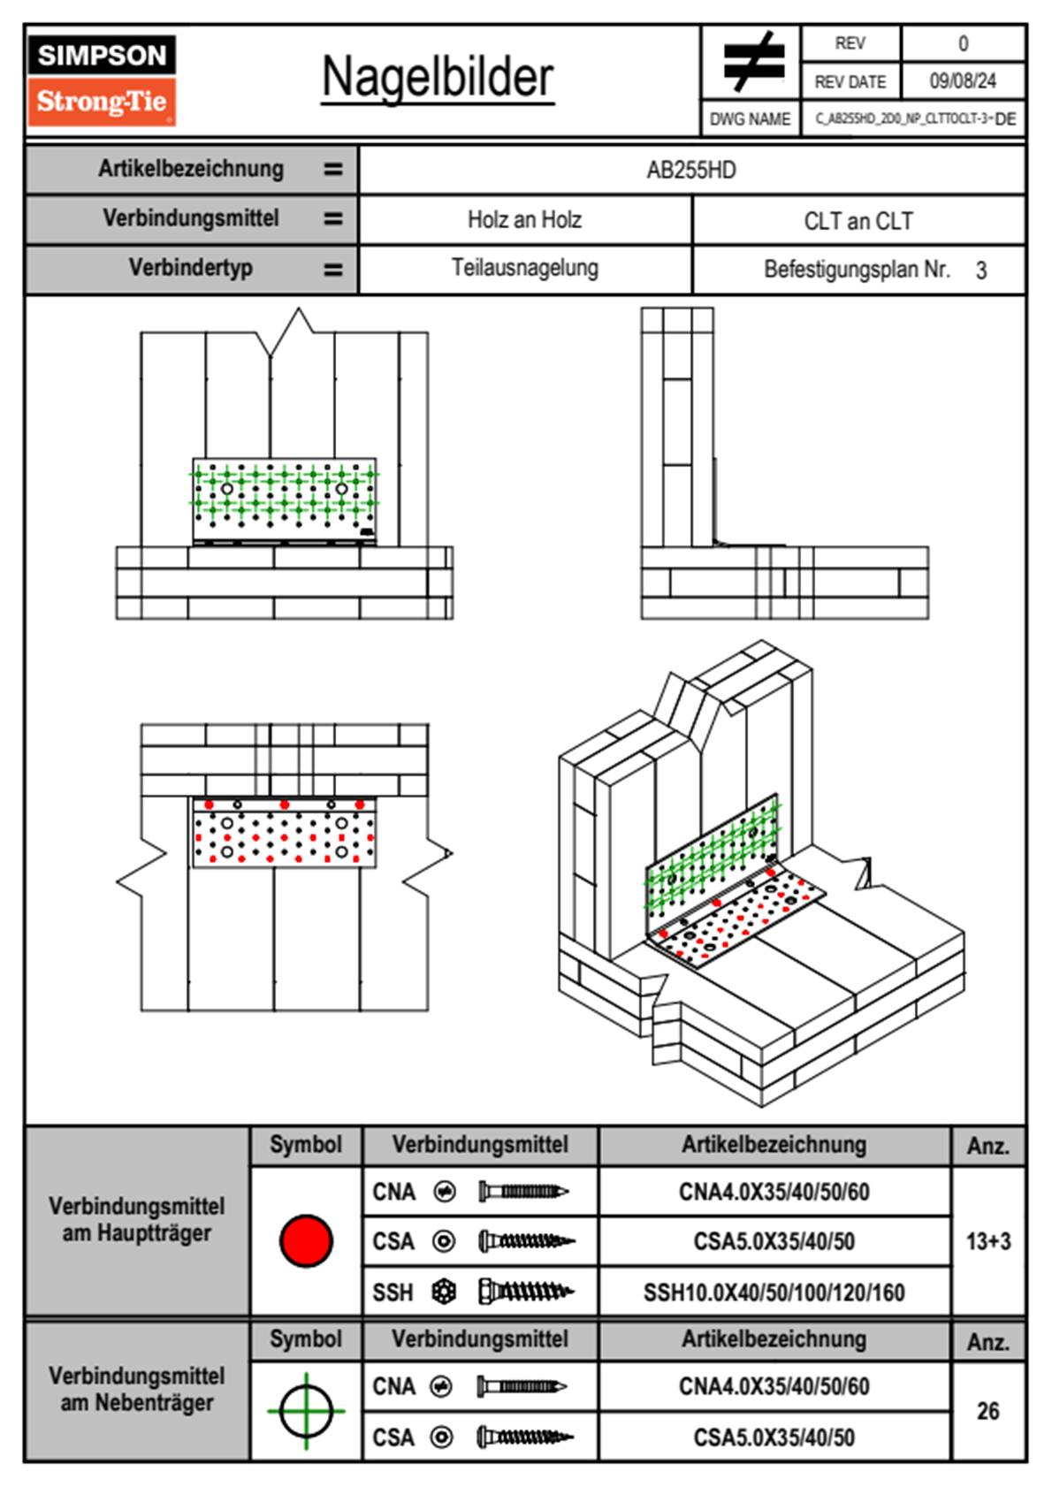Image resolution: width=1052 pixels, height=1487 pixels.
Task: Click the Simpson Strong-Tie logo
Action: coord(102,80)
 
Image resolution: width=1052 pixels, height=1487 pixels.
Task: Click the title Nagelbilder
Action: coord(438,77)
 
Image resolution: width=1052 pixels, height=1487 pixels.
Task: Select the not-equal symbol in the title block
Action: coord(752,62)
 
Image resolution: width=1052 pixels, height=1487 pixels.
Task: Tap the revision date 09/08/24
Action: coord(962,81)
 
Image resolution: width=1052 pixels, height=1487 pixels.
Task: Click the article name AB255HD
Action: coord(691,170)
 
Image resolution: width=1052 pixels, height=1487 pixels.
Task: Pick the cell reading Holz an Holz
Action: coord(524,219)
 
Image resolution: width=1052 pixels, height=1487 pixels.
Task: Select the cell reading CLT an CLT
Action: coord(858,221)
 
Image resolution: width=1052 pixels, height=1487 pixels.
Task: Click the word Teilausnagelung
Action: coord(524,268)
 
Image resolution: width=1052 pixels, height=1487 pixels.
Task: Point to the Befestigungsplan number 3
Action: coord(980,271)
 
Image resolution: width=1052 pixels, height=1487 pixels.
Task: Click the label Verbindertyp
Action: coord(190,268)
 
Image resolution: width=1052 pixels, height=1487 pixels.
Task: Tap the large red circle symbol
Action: coord(306,1240)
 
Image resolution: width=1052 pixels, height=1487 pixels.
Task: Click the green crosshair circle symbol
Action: coord(306,1410)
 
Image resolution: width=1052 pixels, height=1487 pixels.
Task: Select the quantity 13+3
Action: coord(987,1241)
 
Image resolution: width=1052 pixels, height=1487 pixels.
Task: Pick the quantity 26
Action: coord(987,1411)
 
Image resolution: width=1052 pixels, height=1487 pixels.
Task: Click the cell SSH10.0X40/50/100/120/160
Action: coord(774,1293)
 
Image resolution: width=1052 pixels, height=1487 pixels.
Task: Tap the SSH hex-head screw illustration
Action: coord(526,1292)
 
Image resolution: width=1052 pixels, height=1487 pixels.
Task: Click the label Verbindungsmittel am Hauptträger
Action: coord(137,1219)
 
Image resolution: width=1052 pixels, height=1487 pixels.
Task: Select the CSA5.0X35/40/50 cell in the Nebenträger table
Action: coord(774,1437)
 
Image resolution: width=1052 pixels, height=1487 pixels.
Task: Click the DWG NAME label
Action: coord(750,119)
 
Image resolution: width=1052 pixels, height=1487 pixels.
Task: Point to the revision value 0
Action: coord(963,43)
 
